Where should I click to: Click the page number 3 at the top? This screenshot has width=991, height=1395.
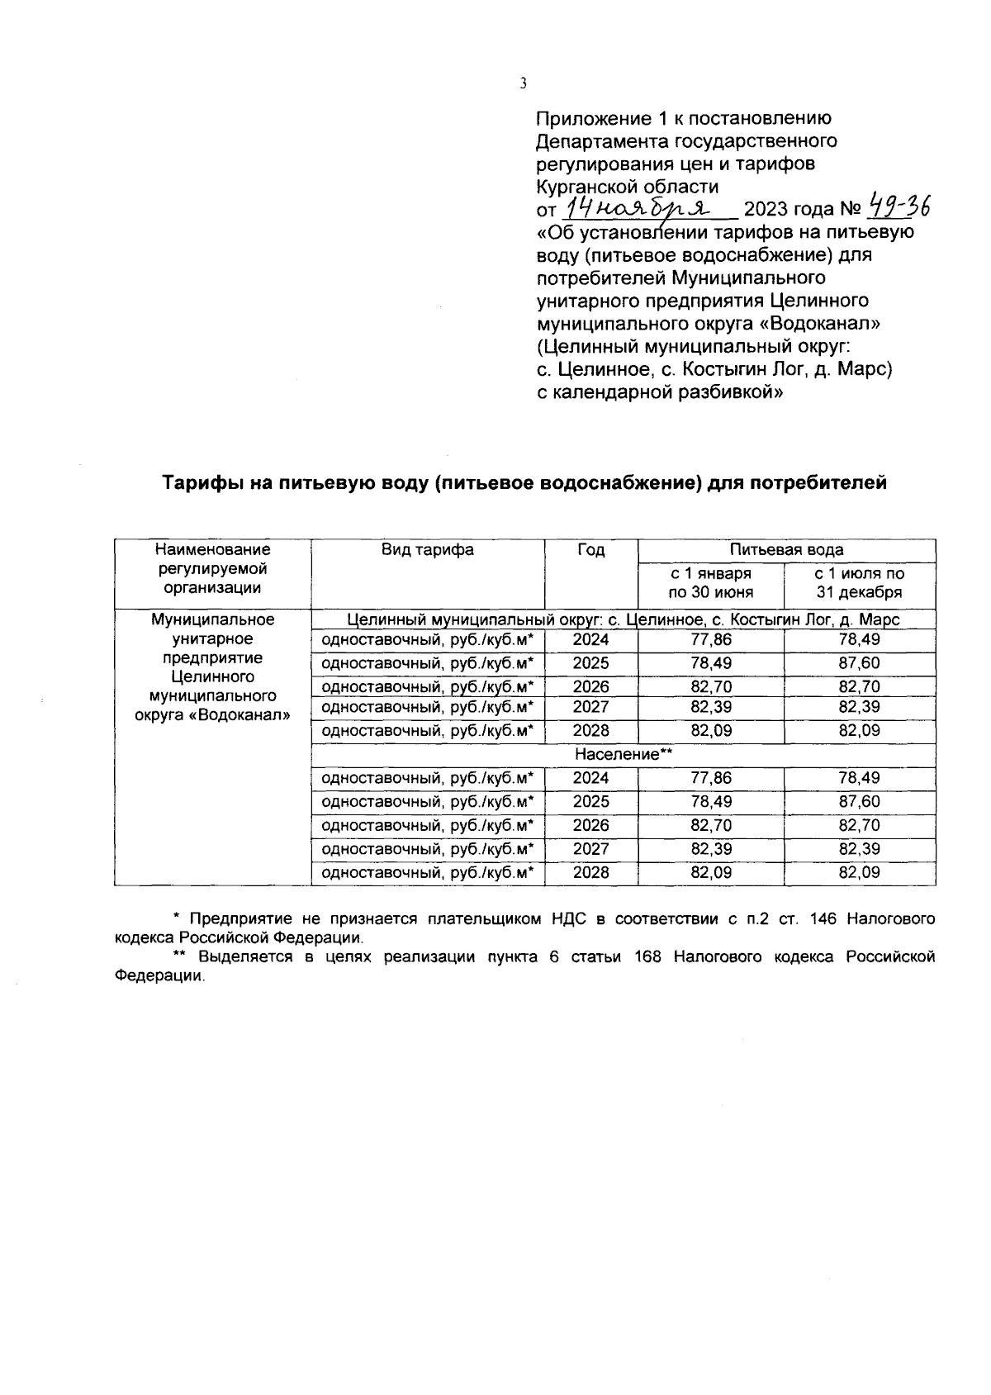point(523,83)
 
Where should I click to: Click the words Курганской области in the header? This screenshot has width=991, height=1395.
point(628,186)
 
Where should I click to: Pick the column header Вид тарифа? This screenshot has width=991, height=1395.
point(427,550)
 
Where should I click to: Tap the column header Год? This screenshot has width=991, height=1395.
point(590,550)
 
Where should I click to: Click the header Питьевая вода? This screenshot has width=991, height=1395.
point(786,550)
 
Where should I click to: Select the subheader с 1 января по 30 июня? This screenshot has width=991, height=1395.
point(710,582)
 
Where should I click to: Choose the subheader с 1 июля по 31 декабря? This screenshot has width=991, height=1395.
point(859,582)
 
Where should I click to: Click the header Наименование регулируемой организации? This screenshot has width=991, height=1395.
point(213,569)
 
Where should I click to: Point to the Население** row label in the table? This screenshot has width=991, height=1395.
point(624,754)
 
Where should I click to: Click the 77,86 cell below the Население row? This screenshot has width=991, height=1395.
point(710,778)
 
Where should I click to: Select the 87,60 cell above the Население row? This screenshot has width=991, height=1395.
point(859,663)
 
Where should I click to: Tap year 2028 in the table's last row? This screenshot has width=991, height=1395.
point(590,872)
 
